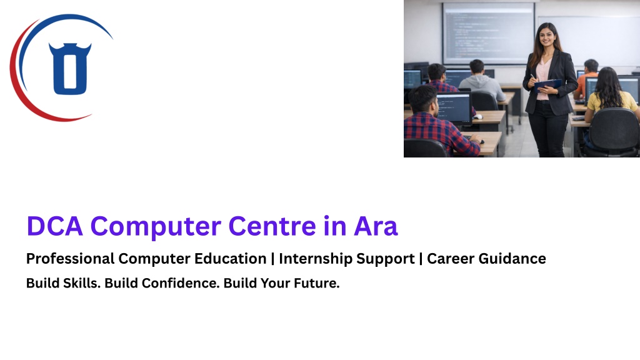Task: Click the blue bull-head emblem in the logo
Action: tap(70, 69)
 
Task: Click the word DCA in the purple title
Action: tap(55, 226)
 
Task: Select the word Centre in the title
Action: tap(272, 226)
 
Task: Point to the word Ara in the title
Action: tap(376, 226)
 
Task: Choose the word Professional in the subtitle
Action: tap(70, 258)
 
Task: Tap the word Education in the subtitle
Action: tap(230, 258)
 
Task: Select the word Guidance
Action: tap(512, 258)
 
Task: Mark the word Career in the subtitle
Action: tap(451, 258)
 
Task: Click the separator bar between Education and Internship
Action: tap(272, 259)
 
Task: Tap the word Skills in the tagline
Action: tap(82, 283)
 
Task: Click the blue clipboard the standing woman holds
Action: tap(547, 85)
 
